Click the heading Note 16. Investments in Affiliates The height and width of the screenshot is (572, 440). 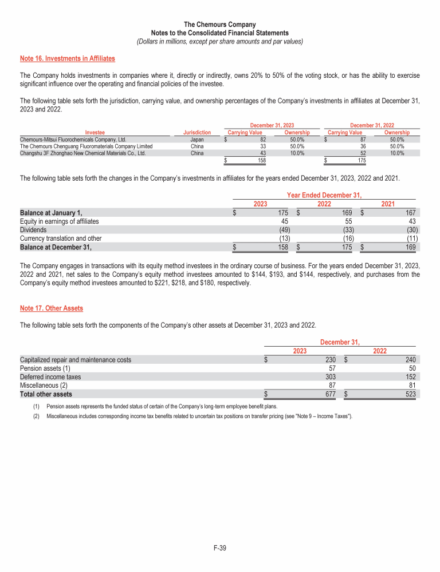coord(67,58)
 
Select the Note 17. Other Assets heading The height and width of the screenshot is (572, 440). coord(52,308)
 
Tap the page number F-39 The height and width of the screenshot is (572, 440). coord(220,549)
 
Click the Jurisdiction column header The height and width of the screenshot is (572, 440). coord(197,133)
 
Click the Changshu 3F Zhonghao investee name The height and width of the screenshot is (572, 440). coord(82,153)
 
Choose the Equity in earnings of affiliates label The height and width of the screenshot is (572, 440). coord(59,221)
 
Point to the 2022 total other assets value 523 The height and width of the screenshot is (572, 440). coord(410,394)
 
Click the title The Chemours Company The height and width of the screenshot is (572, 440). coord(220,25)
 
